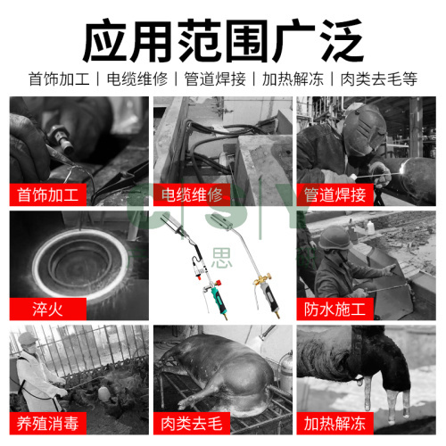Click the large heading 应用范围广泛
(223, 40)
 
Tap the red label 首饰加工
(48, 194)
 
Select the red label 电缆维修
(192, 194)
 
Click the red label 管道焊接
(334, 194)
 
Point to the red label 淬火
(48, 309)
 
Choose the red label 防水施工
(334, 309)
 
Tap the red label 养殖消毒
(48, 424)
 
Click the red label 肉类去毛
(192, 424)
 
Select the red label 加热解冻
(334, 424)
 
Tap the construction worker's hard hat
(334, 238)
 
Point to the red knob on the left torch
(218, 282)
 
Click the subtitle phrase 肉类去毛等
(379, 79)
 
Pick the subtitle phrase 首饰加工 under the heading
(59, 79)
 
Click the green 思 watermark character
(222, 258)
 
